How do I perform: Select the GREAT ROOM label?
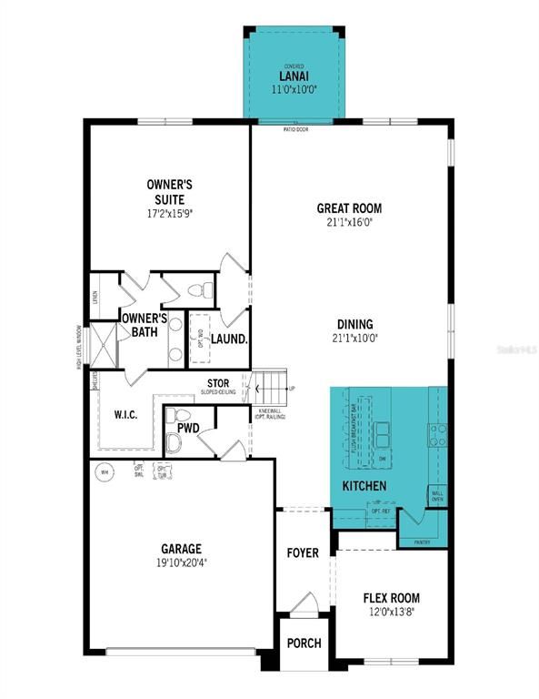(x=349, y=208)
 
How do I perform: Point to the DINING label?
(x=354, y=324)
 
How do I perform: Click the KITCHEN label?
(x=364, y=487)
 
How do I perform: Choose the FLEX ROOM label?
(x=391, y=598)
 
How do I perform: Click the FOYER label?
(x=304, y=552)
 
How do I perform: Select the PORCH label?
(x=304, y=643)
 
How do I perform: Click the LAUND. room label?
(x=231, y=339)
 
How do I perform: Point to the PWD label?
(x=188, y=427)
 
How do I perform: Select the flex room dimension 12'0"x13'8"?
(x=391, y=613)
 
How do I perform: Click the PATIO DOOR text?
(x=296, y=129)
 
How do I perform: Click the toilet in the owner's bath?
(x=203, y=290)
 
